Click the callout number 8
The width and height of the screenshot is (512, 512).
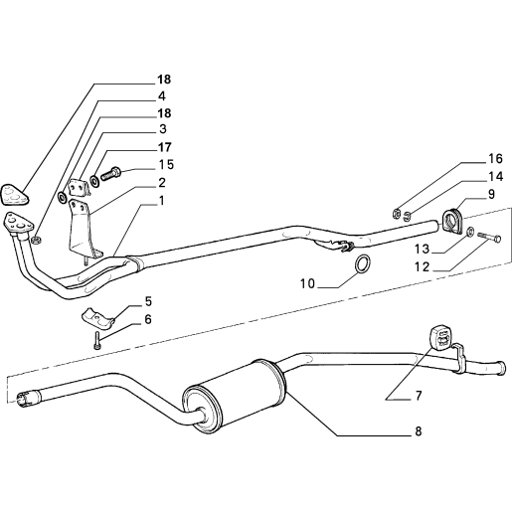click(419, 431)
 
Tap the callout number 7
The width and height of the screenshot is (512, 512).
click(419, 396)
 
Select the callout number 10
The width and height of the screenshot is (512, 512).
click(307, 283)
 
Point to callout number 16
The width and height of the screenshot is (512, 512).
click(495, 159)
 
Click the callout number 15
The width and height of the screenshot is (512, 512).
click(166, 164)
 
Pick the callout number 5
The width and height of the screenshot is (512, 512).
click(148, 301)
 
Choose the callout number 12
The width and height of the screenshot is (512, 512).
click(422, 266)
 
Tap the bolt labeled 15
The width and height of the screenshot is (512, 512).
click(110, 173)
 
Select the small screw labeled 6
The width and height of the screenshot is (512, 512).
click(96, 340)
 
